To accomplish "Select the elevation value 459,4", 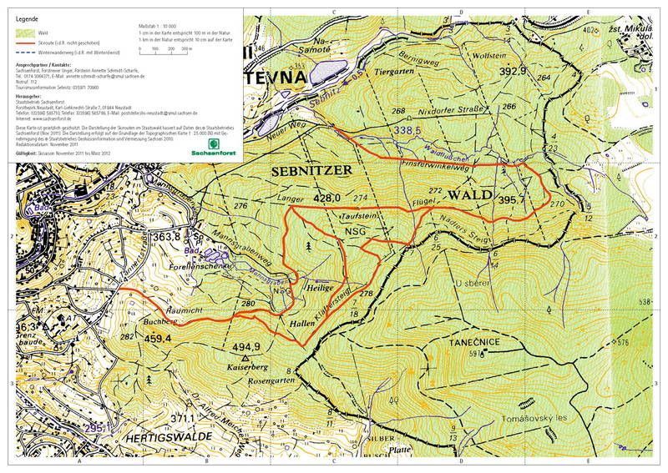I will tap(157, 339).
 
